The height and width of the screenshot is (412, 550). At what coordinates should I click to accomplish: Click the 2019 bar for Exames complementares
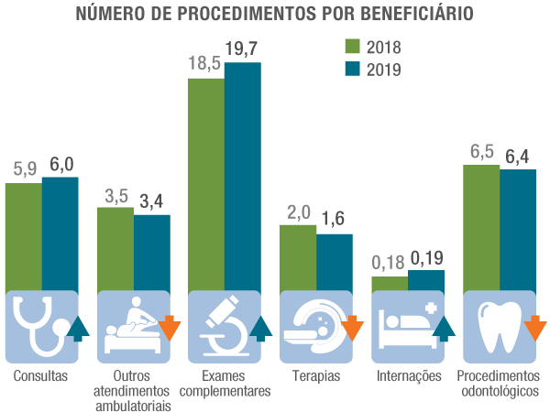tap(243, 174)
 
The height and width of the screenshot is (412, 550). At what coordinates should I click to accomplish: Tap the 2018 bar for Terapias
tap(298, 257)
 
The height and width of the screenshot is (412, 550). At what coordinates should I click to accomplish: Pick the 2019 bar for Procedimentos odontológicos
tap(518, 229)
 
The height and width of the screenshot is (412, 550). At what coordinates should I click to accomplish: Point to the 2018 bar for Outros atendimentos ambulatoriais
tap(115, 248)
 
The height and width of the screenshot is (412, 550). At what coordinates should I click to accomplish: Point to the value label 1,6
tap(335, 220)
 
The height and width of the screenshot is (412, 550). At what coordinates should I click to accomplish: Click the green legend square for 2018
tap(355, 47)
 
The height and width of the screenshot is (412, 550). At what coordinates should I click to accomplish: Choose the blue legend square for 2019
tap(355, 69)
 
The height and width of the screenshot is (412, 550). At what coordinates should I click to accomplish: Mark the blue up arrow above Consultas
tap(79, 327)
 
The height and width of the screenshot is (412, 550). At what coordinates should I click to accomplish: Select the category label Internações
tap(409, 376)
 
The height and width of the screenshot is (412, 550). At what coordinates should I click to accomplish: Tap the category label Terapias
tap(316, 376)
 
